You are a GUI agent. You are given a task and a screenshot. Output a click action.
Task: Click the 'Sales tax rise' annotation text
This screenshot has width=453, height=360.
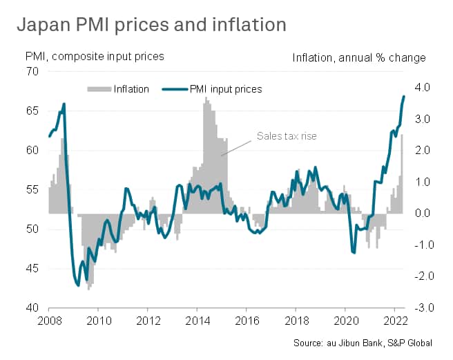[x=287, y=136]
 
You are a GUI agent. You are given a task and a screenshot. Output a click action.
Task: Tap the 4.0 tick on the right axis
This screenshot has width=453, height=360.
[x=423, y=88]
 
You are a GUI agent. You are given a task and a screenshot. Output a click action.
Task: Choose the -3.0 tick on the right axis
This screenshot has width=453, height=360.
[x=422, y=307]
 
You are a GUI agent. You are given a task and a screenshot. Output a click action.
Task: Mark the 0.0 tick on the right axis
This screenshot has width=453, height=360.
[x=423, y=214]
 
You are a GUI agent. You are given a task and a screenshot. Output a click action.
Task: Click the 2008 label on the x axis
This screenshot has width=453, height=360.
[x=48, y=321]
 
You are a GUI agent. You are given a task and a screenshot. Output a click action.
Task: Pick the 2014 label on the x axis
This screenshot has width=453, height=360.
[x=197, y=321]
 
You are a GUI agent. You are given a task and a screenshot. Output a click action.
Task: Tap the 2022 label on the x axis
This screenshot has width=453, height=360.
[x=394, y=321]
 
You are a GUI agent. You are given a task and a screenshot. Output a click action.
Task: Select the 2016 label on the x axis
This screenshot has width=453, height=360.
[x=246, y=321]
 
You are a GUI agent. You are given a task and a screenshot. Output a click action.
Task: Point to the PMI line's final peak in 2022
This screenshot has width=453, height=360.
[x=404, y=96]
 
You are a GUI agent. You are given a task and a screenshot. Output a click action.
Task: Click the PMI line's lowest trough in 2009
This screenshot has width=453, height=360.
[x=78, y=285]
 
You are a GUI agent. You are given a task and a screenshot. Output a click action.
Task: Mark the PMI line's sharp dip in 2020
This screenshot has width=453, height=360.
[x=354, y=253]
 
